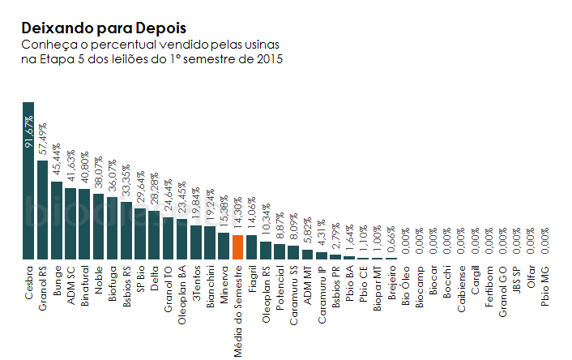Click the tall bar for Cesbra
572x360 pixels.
coord(28,181)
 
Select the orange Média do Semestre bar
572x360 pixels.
coord(237,247)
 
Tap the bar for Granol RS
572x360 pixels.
coord(42,210)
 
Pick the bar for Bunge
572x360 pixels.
coord(57,221)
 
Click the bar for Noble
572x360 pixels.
coord(99,227)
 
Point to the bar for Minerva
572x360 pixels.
coord(224,246)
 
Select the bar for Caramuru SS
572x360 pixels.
coord(293,253)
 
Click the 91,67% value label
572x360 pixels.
coord(29,132)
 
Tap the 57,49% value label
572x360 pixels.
coord(43,139)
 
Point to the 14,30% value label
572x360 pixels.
coord(237,213)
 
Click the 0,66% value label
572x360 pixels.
coord(391,239)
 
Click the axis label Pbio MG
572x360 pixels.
coord(544,286)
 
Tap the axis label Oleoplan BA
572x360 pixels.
coord(181,295)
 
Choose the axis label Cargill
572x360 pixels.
coord(475,281)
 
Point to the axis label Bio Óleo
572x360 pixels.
coord(405,285)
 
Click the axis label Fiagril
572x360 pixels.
coord(252,279)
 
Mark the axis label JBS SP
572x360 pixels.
coord(517,280)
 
